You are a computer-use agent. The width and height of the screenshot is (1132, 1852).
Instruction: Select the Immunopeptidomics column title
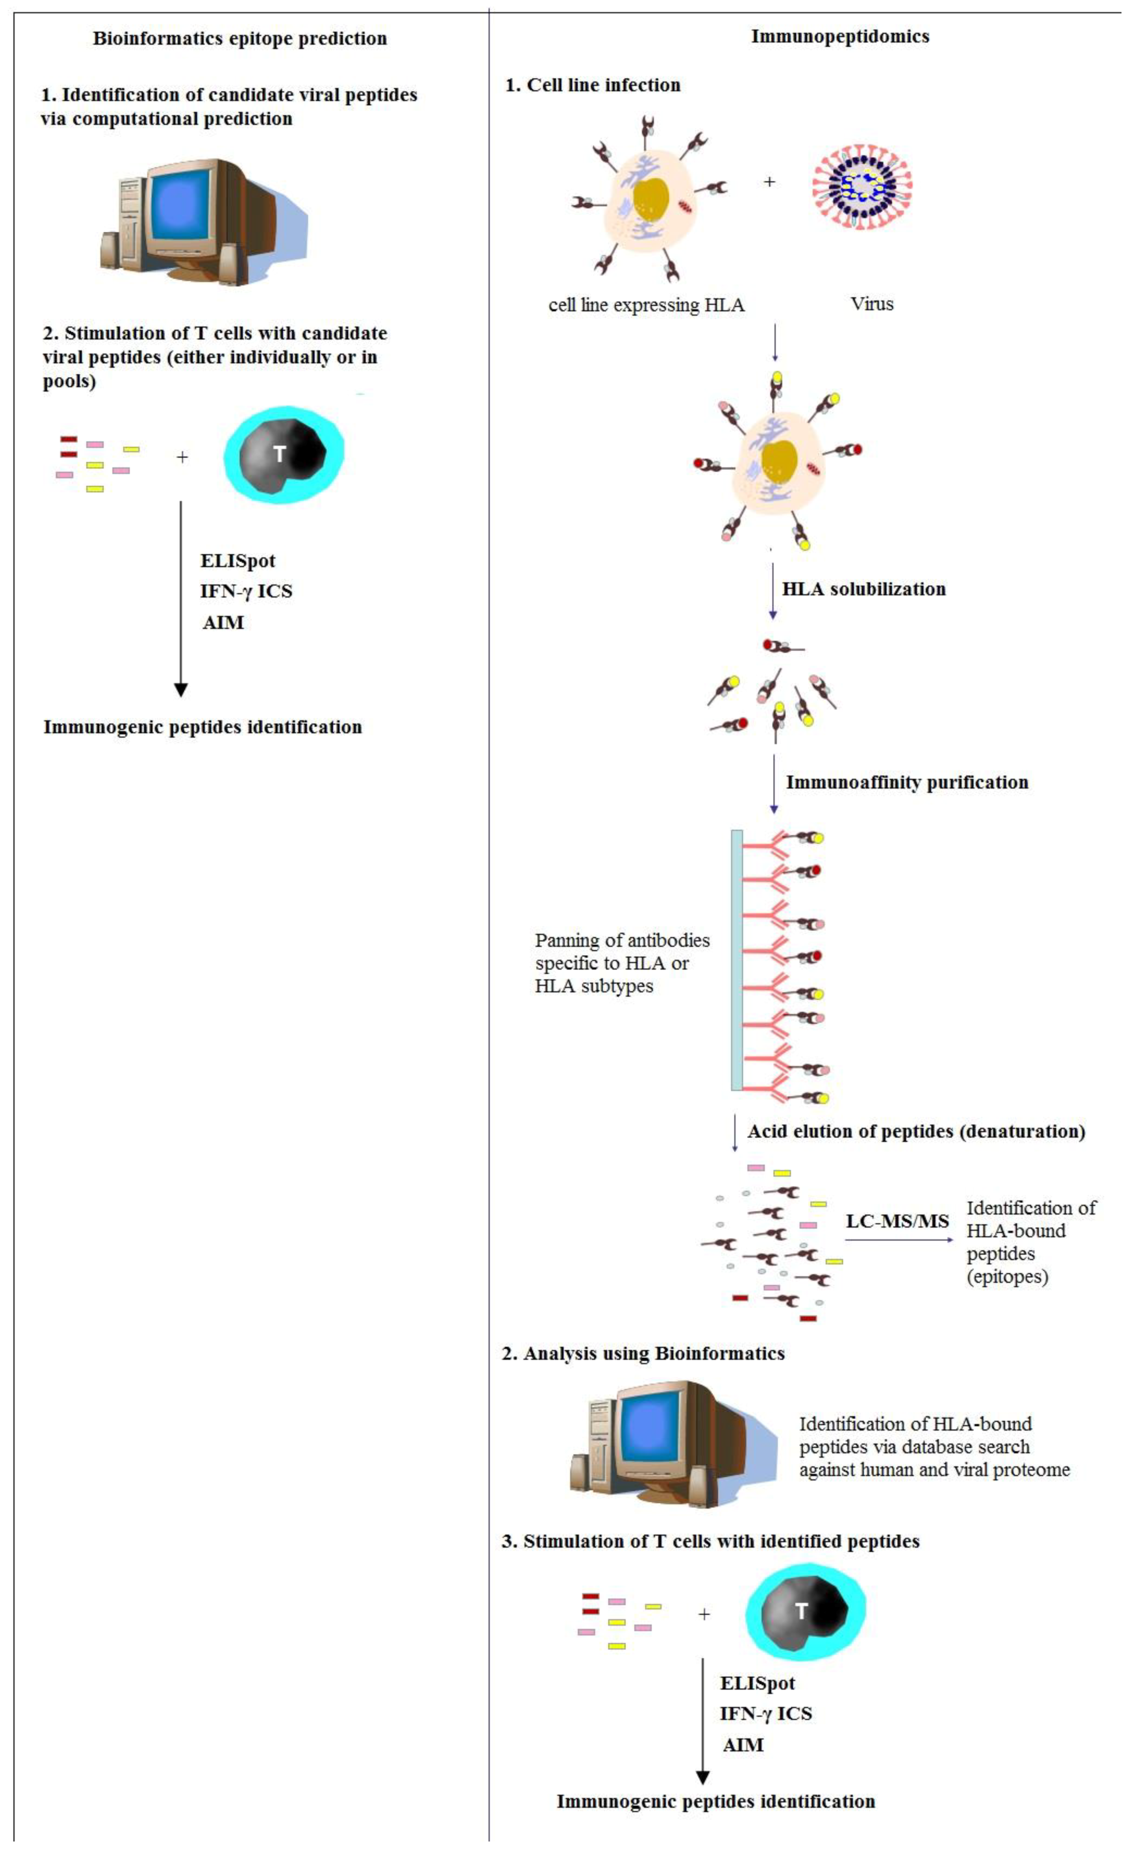click(x=840, y=36)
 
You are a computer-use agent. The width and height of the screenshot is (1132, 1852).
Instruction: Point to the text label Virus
click(x=871, y=304)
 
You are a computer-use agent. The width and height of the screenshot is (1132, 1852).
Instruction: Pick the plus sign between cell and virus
click(x=769, y=182)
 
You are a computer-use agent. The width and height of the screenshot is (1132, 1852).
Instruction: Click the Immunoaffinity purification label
click(x=906, y=782)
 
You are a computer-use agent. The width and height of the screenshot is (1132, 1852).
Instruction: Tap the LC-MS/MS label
click(x=897, y=1221)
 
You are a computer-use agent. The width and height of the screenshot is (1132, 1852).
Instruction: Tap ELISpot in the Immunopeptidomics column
click(x=757, y=1684)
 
